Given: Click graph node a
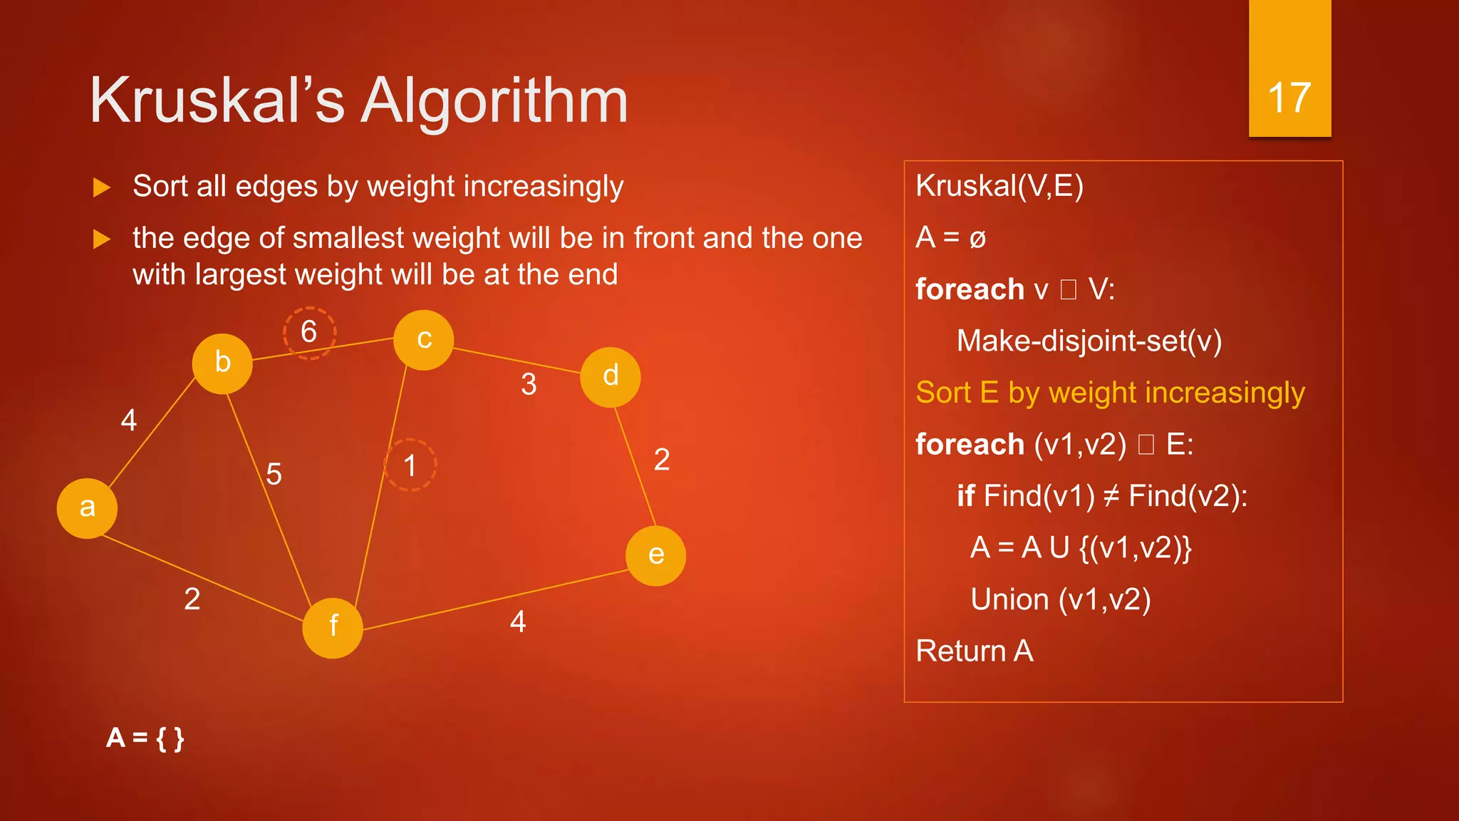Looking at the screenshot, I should (87, 508).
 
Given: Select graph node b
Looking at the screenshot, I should (222, 363).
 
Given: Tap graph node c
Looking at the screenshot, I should (424, 340).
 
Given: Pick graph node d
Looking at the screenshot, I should (611, 377).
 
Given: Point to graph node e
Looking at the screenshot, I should (656, 556).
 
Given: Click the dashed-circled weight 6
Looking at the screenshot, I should (309, 333).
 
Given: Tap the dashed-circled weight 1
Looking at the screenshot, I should (410, 465).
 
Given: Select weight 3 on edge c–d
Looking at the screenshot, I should (529, 385).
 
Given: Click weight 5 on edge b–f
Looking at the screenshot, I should (274, 474).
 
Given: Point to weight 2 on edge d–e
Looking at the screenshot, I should (662, 460).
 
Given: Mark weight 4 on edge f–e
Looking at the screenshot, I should (518, 622).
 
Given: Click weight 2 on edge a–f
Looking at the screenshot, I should (192, 599).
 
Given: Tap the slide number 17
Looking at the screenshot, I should (1289, 98).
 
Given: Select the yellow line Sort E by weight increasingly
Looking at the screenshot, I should (1110, 393).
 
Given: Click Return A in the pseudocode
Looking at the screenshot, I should (974, 651).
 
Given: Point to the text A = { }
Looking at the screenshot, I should (145, 738).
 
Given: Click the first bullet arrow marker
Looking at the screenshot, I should (103, 187).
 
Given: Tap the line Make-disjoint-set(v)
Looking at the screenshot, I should (1089, 341).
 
